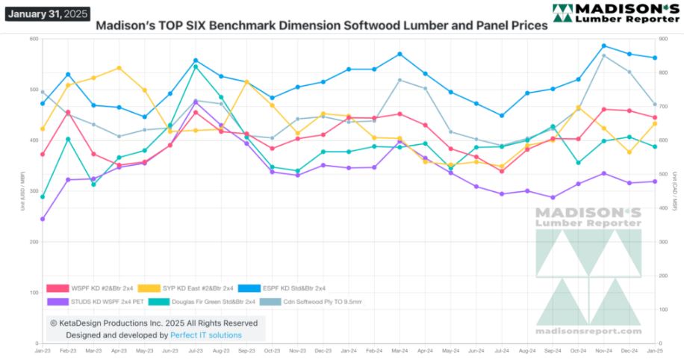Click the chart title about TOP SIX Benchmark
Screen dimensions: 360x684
click(322, 25)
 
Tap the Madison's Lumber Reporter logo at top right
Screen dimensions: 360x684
click(615, 12)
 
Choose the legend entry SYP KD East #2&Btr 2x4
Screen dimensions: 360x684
click(197, 288)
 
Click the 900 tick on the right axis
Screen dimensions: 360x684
click(662, 39)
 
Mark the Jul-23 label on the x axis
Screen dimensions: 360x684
click(196, 349)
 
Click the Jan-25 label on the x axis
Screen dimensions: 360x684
click(656, 349)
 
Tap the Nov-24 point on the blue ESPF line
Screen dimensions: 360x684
click(603, 46)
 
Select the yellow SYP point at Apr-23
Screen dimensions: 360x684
click(119, 68)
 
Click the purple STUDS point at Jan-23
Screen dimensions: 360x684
click(43, 219)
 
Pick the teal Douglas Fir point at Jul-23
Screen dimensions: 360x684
click(196, 66)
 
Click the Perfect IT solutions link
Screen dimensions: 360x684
click(206, 335)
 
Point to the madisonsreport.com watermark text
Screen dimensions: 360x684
click(588, 331)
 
